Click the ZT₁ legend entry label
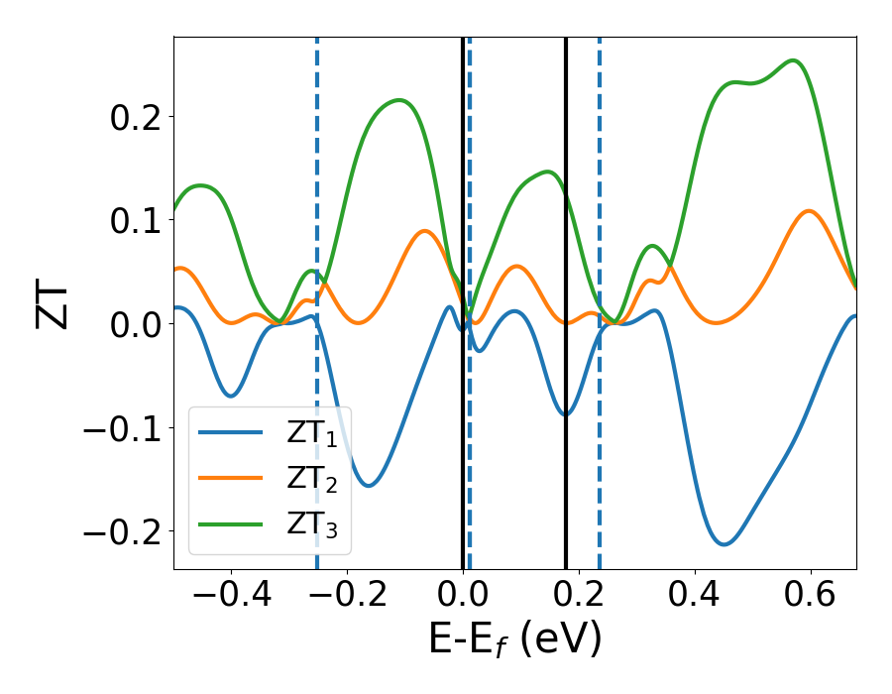[x=312, y=437]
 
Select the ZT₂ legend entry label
[x=312, y=483]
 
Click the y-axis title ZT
[x=55, y=303]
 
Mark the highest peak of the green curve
[x=794, y=60]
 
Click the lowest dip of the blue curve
[x=725, y=544]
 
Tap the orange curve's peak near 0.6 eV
[x=809, y=211]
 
